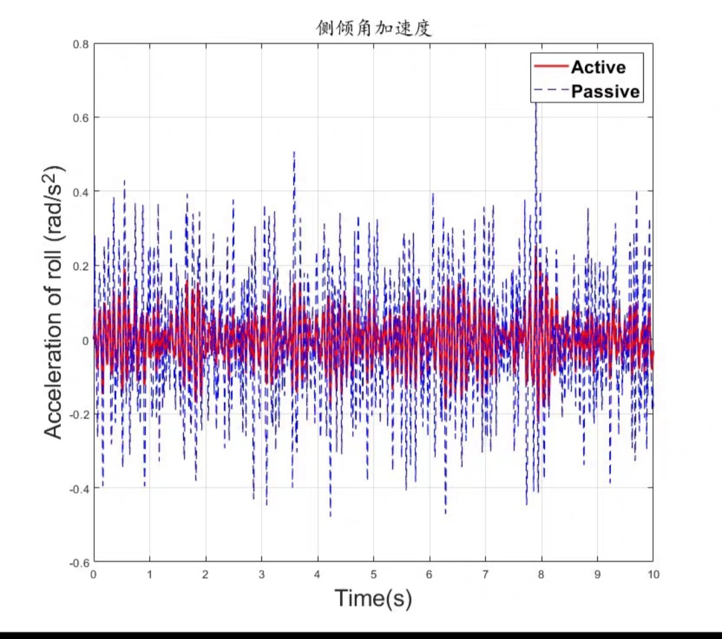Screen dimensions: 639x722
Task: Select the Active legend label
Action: pos(598,67)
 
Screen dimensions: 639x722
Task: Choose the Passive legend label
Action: pos(605,91)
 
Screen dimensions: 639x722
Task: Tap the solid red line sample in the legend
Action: pos(550,66)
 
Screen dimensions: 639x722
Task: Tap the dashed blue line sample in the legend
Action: pos(550,90)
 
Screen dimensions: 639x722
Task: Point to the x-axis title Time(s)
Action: pos(373,598)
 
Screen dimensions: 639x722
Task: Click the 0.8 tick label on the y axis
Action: pos(81,44)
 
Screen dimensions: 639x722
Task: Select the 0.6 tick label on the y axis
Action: pos(81,118)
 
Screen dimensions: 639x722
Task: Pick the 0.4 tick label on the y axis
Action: pos(81,192)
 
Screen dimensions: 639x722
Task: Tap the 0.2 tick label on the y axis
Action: pos(81,266)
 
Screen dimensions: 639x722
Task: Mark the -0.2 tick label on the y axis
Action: pos(79,414)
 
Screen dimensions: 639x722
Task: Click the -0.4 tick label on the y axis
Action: pos(79,489)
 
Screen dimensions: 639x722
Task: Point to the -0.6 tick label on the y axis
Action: pos(79,562)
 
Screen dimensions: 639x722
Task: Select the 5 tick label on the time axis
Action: pos(374,573)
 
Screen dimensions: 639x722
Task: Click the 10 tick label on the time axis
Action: pos(652,573)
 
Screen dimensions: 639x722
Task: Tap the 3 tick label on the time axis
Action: pos(261,573)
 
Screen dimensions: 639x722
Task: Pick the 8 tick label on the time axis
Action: pos(541,573)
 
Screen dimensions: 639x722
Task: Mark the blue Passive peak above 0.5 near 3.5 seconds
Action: pos(294,152)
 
